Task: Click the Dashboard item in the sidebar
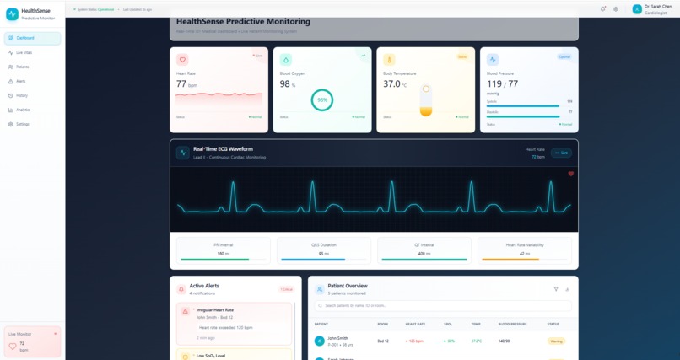pos(25,38)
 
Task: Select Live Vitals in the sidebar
pos(24,52)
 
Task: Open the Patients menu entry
pos(22,67)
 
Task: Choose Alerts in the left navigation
pos(21,81)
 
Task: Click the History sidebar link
pos(22,95)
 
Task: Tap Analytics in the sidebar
pos(23,110)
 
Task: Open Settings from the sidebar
pos(23,124)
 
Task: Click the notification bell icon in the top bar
pos(603,9)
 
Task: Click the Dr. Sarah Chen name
pos(658,6)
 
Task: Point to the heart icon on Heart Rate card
pos(182,60)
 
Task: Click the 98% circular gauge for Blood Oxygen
pos(321,99)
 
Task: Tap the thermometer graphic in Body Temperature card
pos(426,100)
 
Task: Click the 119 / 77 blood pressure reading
pos(502,84)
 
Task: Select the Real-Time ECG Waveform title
pos(223,148)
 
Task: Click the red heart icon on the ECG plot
pos(571,174)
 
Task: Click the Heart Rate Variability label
pos(524,244)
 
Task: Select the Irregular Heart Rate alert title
pos(217,310)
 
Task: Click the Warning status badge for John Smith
pos(556,341)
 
